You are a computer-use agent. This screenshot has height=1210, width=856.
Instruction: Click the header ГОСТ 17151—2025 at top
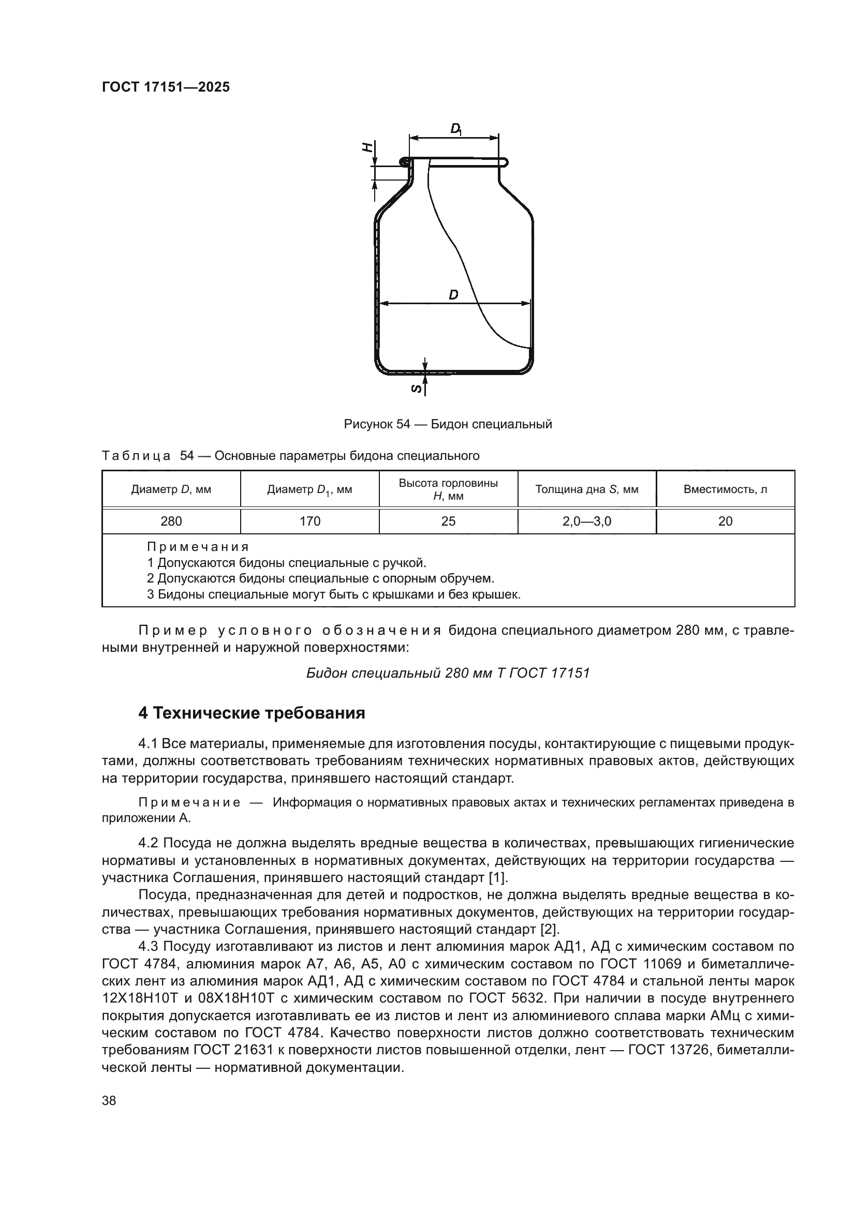tap(166, 87)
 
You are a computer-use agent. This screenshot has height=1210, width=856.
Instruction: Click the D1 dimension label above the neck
tap(456, 129)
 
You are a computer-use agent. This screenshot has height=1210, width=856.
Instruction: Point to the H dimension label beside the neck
tap(368, 147)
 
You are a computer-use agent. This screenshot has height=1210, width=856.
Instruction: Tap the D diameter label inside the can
tap(453, 295)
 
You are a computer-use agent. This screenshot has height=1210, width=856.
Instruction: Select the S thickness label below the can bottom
tap(416, 389)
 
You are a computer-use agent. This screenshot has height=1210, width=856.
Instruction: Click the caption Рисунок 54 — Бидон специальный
tap(448, 424)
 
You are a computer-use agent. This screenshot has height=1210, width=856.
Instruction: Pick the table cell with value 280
tap(171, 521)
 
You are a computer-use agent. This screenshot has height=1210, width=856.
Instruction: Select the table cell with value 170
tap(310, 521)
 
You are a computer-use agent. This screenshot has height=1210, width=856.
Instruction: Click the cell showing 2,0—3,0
tap(587, 521)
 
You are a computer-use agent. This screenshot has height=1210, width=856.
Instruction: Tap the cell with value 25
tap(448, 521)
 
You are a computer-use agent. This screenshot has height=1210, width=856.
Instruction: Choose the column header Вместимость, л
tap(725, 489)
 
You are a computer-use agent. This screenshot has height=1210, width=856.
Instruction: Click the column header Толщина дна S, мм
tap(587, 489)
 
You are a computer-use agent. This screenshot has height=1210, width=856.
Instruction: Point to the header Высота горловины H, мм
tap(448, 489)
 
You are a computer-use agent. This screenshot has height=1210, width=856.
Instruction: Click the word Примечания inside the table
tap(198, 546)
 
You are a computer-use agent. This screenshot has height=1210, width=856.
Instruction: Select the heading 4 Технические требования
tap(252, 713)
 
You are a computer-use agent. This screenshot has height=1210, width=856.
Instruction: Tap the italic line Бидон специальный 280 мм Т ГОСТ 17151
tap(448, 673)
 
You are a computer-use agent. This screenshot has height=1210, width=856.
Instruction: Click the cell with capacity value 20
tap(725, 521)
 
